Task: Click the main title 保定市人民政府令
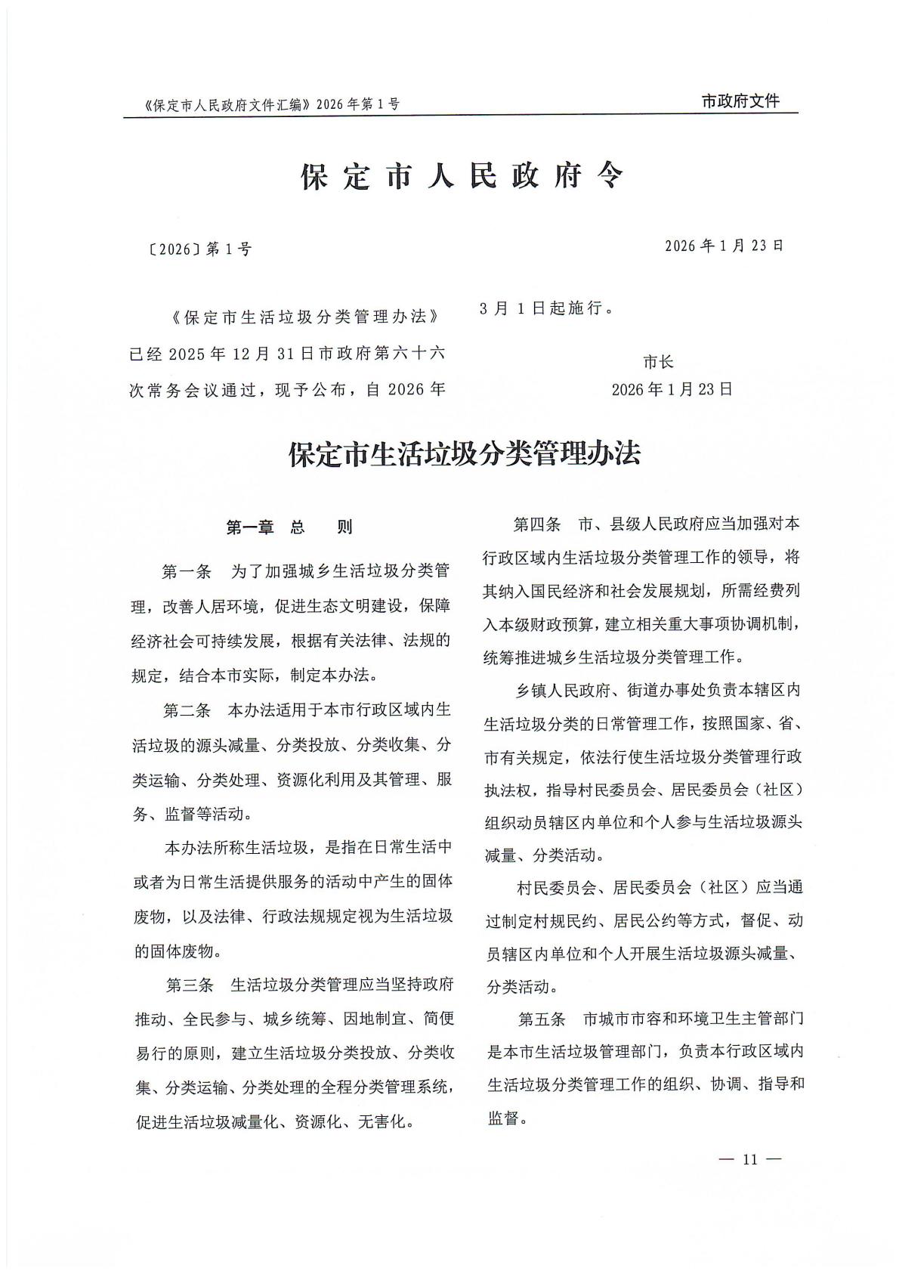coord(462,177)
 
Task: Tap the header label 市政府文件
coord(740,101)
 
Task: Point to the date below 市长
coord(672,389)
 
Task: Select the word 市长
coord(658,362)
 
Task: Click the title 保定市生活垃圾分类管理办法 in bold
coord(465,453)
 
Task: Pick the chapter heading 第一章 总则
coord(289,527)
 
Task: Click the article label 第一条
coord(187,571)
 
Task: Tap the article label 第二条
coord(187,711)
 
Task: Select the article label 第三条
coord(190,985)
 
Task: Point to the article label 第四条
coord(537,524)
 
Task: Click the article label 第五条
coord(542,1019)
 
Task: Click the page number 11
coord(749,1159)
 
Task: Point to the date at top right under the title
coord(724,246)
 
